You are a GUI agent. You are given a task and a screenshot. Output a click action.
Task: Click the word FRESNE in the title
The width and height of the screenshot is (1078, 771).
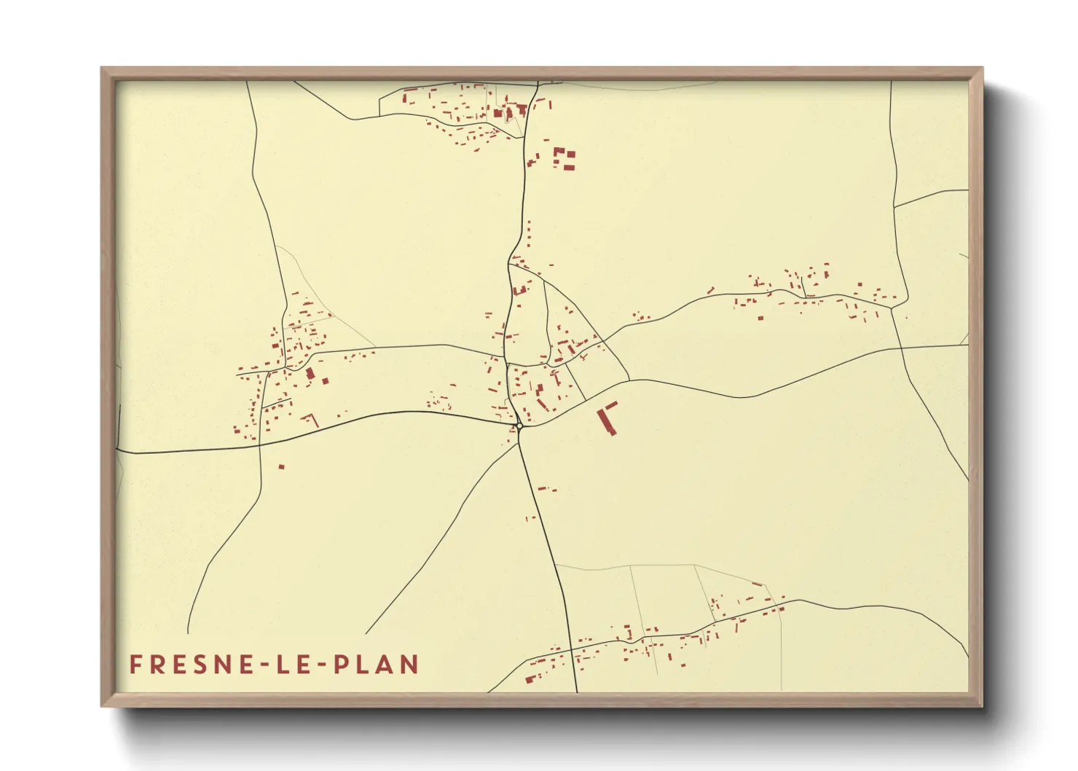183,665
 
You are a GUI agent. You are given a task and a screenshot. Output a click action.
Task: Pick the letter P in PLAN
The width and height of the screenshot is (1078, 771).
341,665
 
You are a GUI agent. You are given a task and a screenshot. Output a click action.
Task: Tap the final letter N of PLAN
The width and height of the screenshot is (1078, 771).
410,665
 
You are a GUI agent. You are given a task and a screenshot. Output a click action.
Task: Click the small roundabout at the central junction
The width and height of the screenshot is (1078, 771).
519,426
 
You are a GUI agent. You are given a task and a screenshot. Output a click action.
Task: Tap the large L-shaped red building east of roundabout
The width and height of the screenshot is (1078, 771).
607,418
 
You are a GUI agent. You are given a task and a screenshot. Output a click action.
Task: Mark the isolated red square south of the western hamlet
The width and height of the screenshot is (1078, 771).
281,466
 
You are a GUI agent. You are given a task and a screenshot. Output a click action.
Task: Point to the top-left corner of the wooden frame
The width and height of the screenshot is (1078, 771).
102,69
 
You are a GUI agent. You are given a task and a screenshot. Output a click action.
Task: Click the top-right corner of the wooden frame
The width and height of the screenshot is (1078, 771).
982,69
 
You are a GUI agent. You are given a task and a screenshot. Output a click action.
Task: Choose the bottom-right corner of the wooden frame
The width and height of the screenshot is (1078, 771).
982,705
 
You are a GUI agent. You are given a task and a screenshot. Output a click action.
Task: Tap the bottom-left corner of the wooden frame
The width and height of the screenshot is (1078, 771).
102,705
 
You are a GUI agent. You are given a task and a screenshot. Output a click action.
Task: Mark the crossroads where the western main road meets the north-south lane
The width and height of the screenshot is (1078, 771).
260,445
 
